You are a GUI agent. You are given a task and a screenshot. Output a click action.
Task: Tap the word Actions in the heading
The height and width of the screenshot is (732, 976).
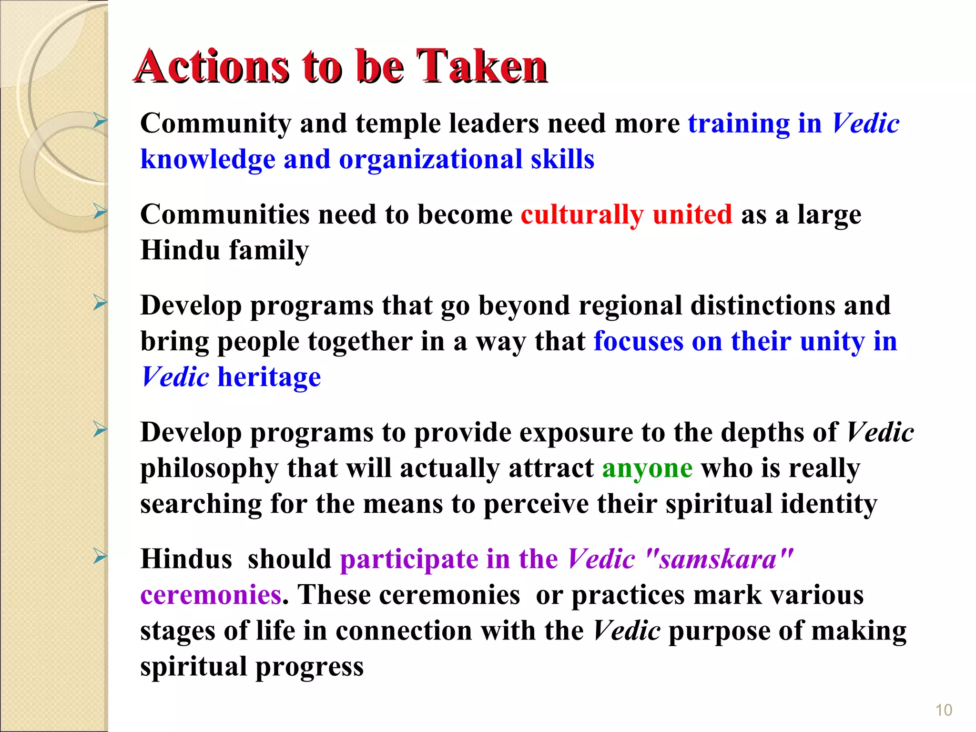211,67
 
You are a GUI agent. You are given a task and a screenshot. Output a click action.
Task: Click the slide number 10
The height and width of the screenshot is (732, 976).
943,710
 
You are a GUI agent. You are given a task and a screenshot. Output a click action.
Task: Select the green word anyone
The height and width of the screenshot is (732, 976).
647,468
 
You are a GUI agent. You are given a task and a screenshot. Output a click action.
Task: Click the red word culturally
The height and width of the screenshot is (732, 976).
582,215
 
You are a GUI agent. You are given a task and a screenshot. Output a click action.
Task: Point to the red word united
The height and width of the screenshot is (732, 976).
692,214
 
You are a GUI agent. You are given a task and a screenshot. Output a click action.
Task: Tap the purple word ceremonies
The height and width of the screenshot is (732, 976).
211,595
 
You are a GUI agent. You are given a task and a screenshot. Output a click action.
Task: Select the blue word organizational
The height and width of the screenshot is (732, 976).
431,159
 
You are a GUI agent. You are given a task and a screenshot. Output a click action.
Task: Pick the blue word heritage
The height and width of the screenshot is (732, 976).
269,377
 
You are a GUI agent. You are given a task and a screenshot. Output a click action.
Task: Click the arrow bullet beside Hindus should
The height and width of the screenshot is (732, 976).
100,556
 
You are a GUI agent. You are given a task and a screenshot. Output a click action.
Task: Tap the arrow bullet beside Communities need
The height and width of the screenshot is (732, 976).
100,211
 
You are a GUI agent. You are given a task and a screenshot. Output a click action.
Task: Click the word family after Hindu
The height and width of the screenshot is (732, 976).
269,251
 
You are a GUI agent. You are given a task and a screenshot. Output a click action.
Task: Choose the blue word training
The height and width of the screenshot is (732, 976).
738,124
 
